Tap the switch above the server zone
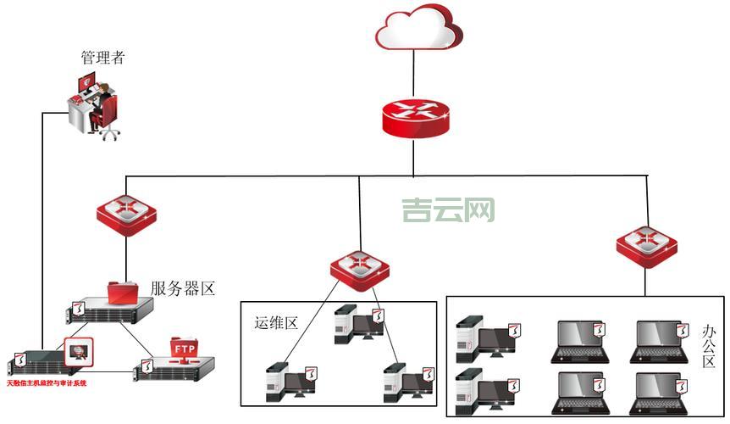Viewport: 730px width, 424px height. (x=126, y=215)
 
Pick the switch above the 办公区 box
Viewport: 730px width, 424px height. (x=646, y=246)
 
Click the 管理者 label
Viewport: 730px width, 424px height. (x=102, y=58)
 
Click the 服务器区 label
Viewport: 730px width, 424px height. (x=183, y=288)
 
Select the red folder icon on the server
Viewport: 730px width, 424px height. (x=124, y=292)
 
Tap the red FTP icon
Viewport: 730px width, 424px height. (x=185, y=349)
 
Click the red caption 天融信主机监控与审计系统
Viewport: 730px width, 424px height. (x=47, y=383)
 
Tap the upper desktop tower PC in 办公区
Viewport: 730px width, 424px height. (x=484, y=336)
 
